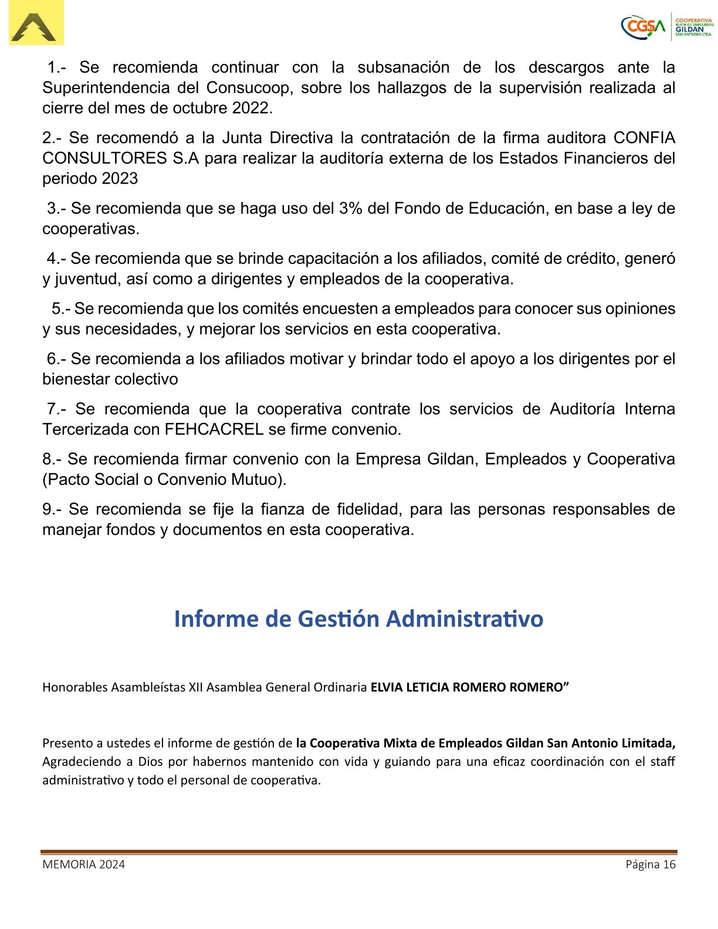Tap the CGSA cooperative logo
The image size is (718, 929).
[666, 28]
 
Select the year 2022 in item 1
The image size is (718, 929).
[252, 109]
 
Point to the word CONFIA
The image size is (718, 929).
[644, 138]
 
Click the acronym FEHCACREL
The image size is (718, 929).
[214, 429]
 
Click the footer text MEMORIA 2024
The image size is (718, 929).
[83, 864]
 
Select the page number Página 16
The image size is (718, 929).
[651, 864]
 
